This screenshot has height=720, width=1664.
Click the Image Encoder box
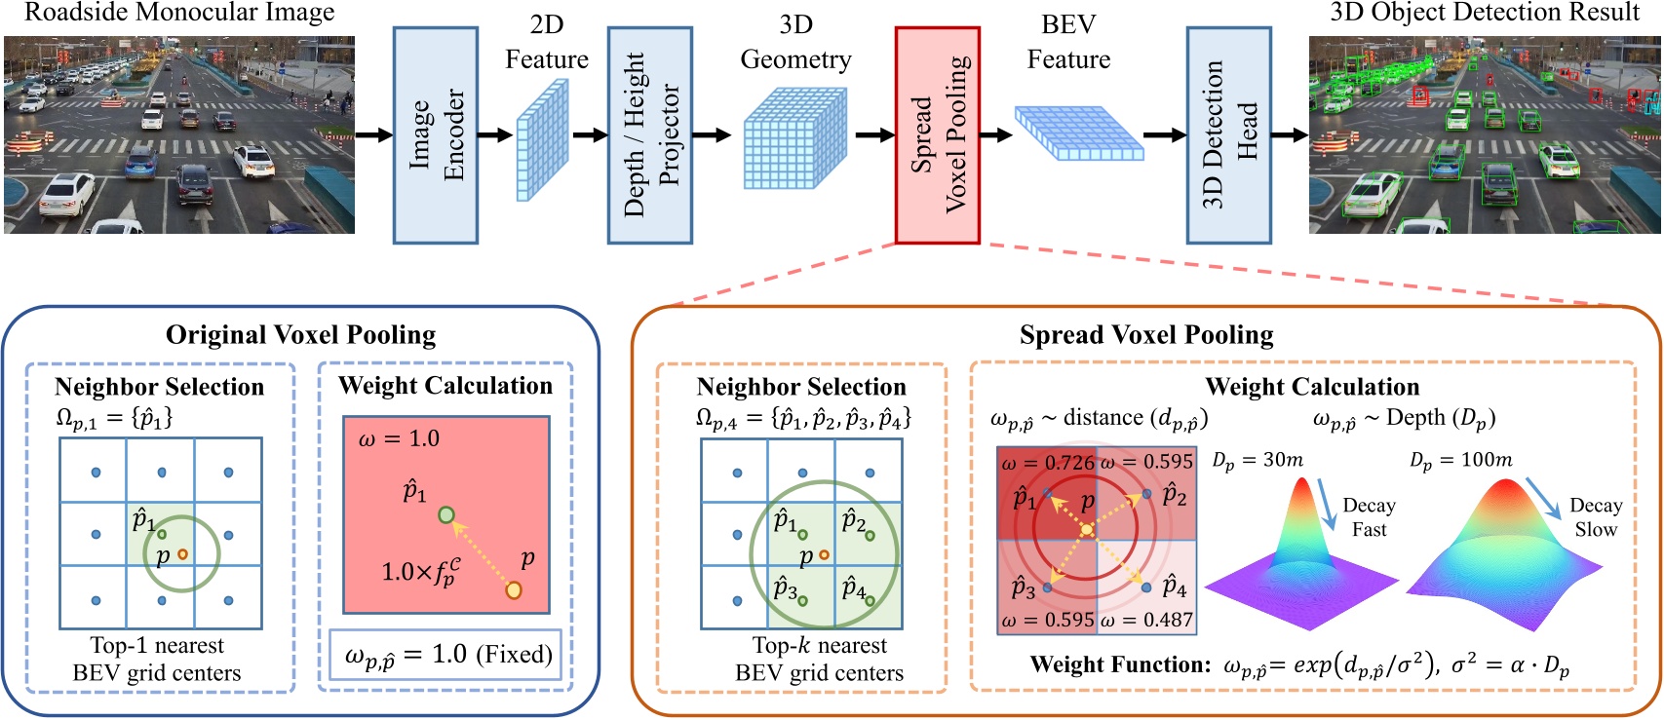tap(435, 134)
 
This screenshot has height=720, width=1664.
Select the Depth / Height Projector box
tap(649, 134)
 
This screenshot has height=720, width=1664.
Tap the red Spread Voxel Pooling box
tap(937, 134)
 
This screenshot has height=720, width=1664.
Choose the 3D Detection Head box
tap(1228, 134)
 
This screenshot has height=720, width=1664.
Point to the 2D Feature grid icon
tap(542, 139)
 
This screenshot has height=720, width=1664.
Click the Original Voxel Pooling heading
tap(300, 335)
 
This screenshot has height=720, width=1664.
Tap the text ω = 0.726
tap(1047, 462)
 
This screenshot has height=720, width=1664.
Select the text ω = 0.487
tap(1146, 621)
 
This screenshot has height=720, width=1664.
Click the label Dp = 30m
tap(1258, 460)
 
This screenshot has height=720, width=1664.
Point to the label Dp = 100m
tap(1460, 460)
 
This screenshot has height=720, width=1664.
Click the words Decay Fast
tap(1369, 517)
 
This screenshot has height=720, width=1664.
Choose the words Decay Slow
tap(1595, 517)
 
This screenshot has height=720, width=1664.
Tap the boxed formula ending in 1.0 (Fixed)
tap(446, 655)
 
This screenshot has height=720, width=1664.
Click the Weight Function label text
tap(1120, 665)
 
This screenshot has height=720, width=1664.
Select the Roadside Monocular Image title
tap(178, 13)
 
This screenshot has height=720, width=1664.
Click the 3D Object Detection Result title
tap(1485, 13)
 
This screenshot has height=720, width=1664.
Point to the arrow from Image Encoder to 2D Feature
tap(494, 134)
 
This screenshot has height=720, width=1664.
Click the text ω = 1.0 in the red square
tap(399, 438)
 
